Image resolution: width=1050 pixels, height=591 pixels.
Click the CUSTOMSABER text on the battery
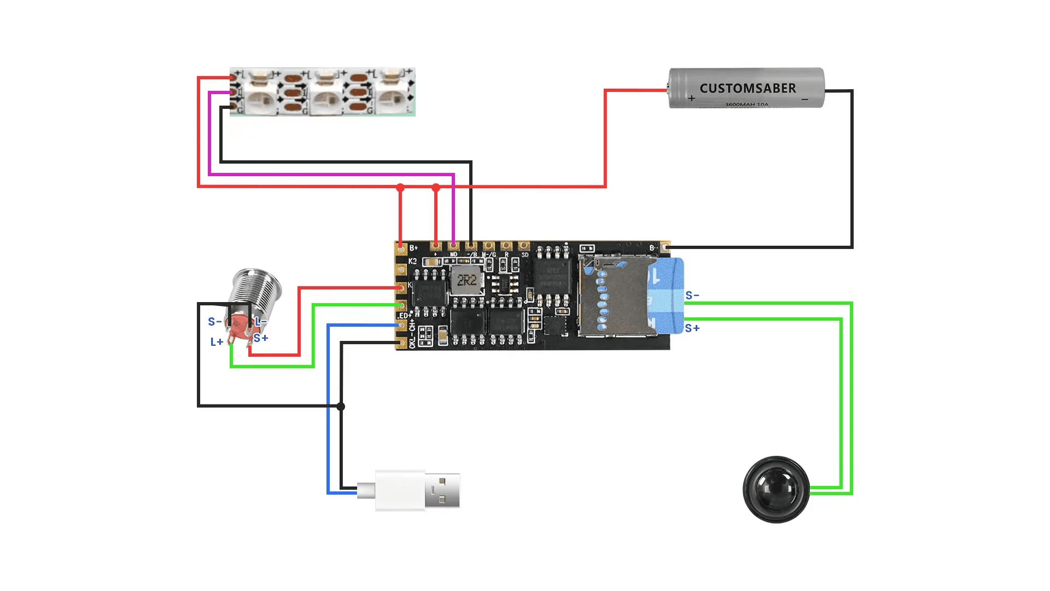748,88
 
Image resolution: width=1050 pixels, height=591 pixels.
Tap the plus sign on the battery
692,99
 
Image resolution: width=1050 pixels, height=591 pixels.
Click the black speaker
776,489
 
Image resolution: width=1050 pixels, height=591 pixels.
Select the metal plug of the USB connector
442,490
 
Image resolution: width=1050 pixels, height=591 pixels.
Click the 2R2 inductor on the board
466,281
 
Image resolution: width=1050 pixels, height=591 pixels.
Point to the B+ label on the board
414,248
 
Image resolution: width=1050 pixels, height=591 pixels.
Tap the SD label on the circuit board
525,255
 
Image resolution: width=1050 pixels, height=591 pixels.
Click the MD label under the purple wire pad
453,255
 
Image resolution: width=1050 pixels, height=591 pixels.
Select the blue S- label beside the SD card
692,296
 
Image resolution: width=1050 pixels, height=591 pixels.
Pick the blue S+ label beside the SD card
692,328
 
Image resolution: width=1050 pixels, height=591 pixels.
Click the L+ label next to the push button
217,342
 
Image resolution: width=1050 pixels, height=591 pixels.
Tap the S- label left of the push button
214,322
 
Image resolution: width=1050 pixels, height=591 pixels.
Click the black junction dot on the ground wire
341,406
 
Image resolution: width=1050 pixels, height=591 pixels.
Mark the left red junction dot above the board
400,188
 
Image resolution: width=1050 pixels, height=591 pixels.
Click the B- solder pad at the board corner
665,248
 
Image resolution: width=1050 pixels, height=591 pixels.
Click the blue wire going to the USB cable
328,410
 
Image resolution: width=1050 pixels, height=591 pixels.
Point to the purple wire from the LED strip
328,175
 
